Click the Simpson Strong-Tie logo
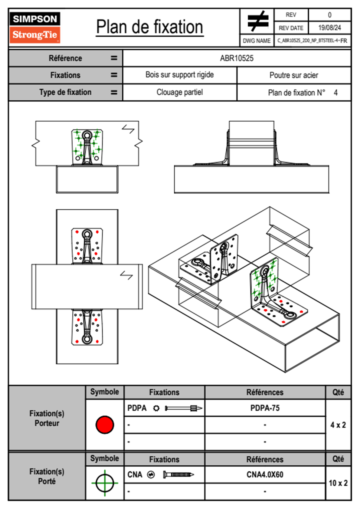click(35, 27)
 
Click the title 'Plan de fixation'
click(149, 27)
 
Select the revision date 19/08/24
click(329, 28)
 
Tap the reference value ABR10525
click(237, 58)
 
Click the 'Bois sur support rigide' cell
click(179, 75)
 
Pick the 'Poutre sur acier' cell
click(294, 75)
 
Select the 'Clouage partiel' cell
click(179, 92)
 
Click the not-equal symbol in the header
click(257, 21)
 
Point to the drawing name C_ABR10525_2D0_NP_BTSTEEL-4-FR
click(312, 41)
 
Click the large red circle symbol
click(105, 425)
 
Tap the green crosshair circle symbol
click(105, 483)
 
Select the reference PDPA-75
click(265, 408)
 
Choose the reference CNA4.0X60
click(265, 475)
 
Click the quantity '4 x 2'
click(338, 425)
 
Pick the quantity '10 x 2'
click(338, 483)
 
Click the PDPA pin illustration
click(183, 408)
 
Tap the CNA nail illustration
click(178, 475)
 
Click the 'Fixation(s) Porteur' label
click(47, 418)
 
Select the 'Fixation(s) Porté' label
click(47, 476)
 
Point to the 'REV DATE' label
click(291, 28)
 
